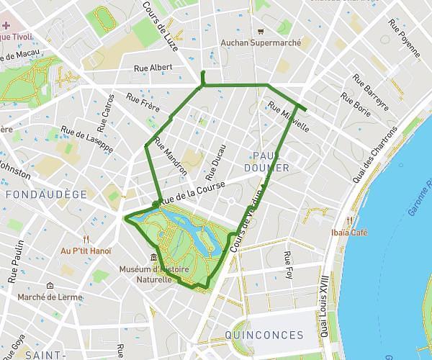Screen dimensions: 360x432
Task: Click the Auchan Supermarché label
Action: tap(261, 42)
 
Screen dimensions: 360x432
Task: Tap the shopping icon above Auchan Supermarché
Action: tap(261, 31)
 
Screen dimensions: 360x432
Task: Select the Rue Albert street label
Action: tap(153, 68)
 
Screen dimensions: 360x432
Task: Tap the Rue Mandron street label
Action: tap(171, 156)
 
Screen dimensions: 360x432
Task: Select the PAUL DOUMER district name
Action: tap(271, 162)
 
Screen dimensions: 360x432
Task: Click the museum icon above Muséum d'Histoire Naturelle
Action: tap(153, 258)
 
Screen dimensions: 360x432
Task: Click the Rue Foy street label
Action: tap(288, 265)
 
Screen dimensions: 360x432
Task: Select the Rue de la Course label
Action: tap(192, 191)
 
